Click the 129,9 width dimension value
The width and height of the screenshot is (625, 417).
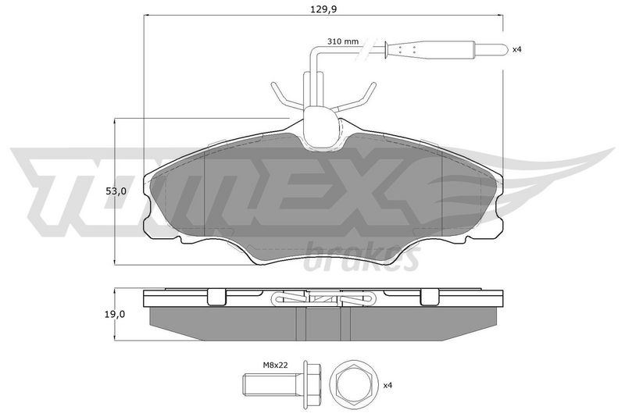(323, 9)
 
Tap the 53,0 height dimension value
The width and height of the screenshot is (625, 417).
(116, 191)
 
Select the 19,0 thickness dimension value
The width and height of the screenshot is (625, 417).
(116, 314)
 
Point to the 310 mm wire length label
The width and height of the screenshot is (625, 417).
(343, 41)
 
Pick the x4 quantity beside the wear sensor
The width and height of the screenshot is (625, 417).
(516, 49)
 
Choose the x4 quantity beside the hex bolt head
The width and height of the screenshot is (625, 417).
(387, 386)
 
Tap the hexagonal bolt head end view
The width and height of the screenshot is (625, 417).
(352, 385)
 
